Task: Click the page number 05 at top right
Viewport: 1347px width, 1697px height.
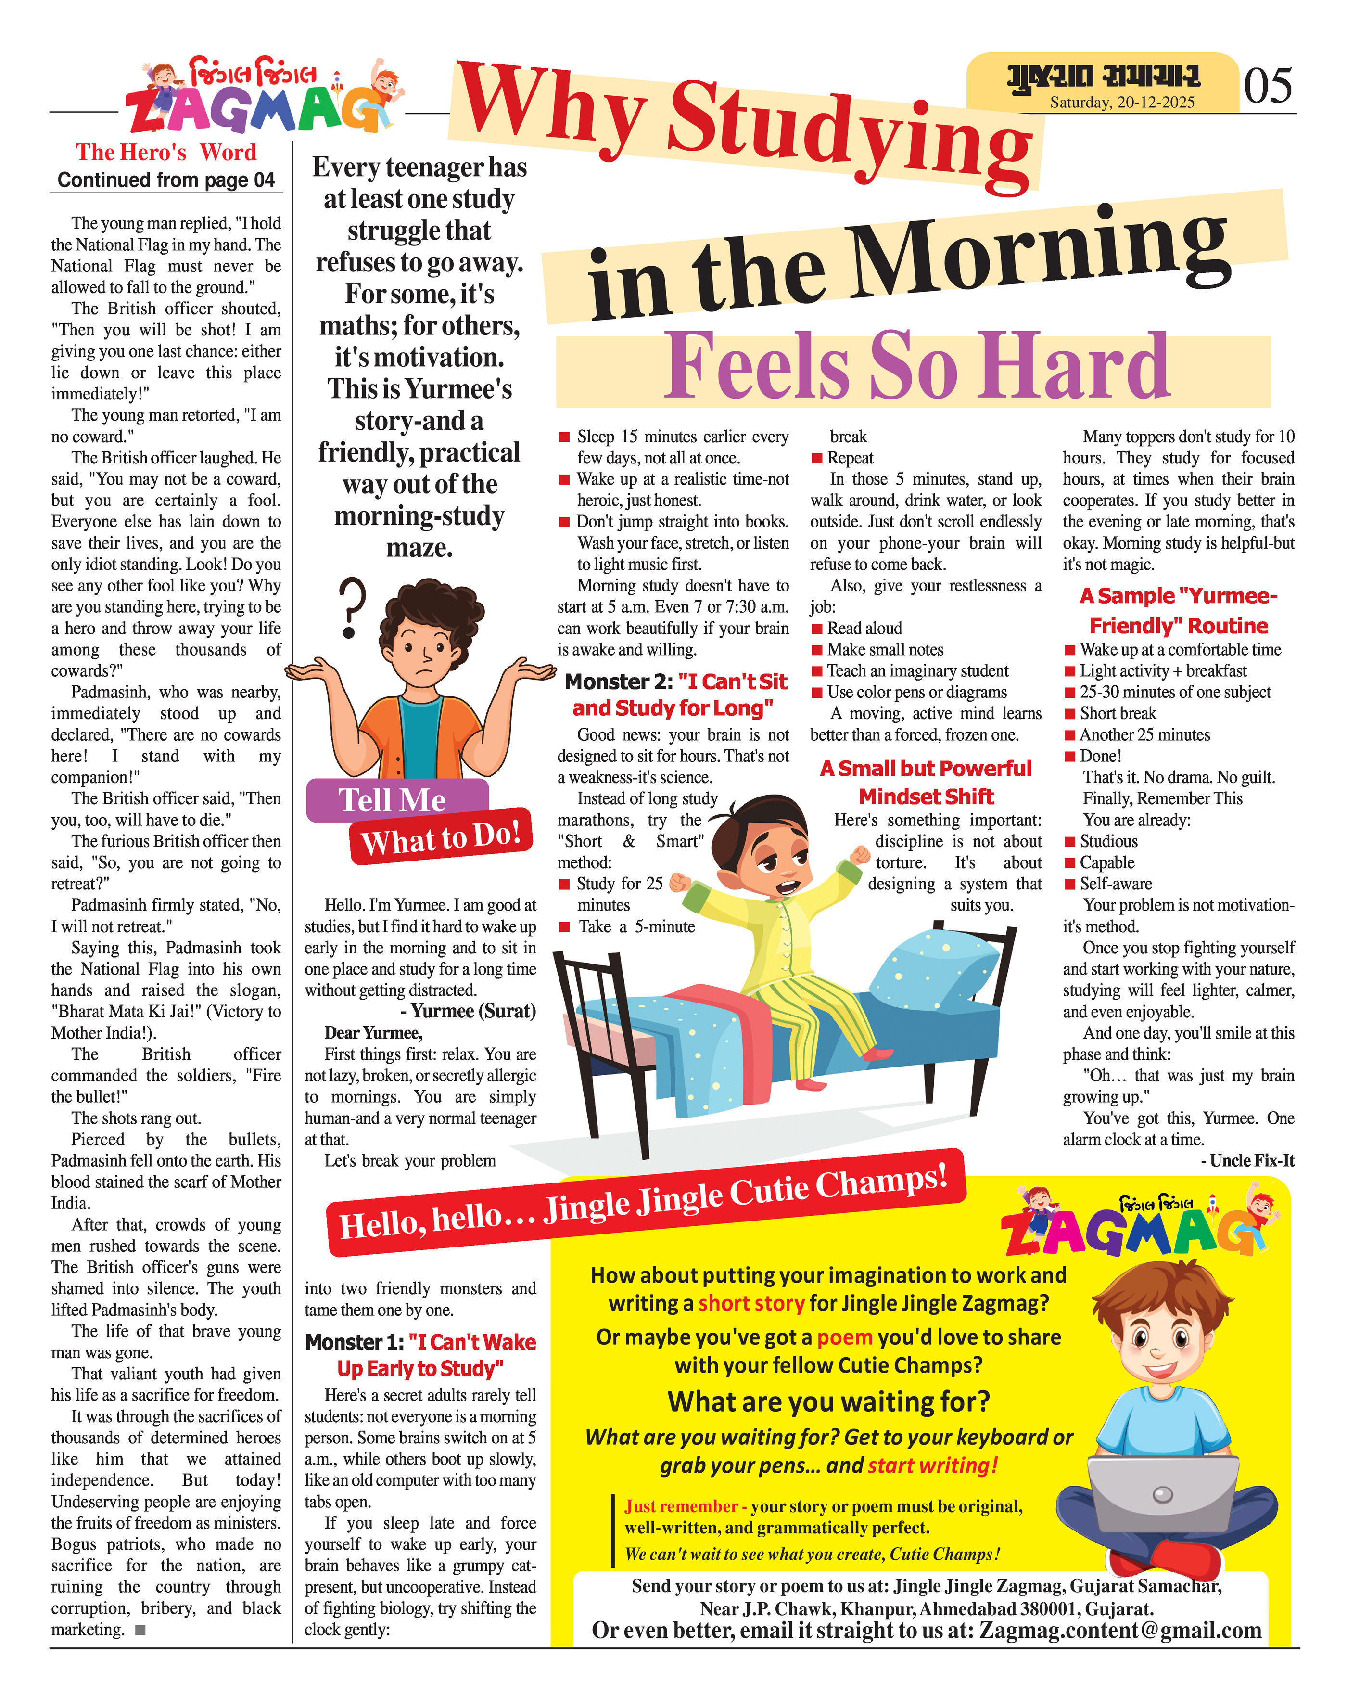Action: (x=1268, y=85)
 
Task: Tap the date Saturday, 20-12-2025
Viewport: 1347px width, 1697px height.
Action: (x=1121, y=103)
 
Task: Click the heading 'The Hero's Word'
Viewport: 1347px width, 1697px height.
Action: (x=166, y=152)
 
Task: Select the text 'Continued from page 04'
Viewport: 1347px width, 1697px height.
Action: (x=166, y=180)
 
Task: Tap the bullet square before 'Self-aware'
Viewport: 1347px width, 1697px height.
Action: (x=1069, y=884)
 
